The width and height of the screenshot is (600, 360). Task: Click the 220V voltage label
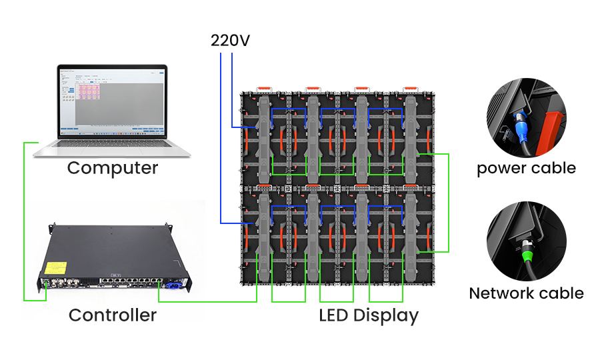(230, 41)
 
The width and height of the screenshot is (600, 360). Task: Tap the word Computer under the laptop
(113, 167)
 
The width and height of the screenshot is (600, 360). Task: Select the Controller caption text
(113, 315)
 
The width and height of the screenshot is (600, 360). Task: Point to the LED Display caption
(368, 315)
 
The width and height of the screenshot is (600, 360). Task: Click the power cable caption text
(526, 168)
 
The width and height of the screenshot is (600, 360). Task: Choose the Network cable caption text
(526, 293)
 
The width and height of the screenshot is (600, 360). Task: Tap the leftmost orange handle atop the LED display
(265, 88)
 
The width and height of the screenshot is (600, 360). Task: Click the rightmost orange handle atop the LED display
(412, 88)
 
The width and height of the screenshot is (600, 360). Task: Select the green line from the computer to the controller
(23, 220)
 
